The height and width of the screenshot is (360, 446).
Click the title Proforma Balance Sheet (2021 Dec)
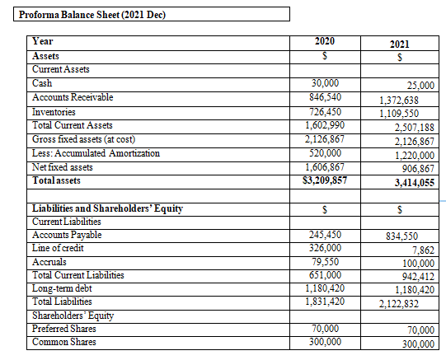point(92,15)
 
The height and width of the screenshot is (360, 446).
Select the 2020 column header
point(325,41)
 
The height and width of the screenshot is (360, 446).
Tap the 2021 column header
point(399,44)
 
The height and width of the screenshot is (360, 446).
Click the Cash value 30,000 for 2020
point(325,83)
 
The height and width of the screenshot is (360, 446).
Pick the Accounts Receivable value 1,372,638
point(399,101)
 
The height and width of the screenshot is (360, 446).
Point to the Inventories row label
point(54,112)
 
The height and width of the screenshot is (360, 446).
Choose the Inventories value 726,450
point(325,112)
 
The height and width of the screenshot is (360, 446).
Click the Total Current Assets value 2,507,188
point(414,128)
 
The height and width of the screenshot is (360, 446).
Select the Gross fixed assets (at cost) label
point(83,139)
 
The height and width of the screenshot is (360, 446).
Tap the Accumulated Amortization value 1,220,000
point(415,156)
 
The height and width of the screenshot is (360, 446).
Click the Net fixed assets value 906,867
point(418,169)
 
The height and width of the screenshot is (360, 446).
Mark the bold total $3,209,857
point(325,180)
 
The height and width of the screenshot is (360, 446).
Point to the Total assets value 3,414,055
point(415,182)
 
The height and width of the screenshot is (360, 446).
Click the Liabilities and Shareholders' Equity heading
point(107,208)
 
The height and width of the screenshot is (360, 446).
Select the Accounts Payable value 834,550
point(401,236)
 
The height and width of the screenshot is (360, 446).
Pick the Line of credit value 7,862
point(424,250)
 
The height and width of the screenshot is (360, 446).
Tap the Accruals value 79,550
point(325,262)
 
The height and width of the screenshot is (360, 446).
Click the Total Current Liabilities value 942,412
point(418,276)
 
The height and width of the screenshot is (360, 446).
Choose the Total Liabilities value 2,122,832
point(399,304)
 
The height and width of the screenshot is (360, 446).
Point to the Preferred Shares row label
point(64,329)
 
